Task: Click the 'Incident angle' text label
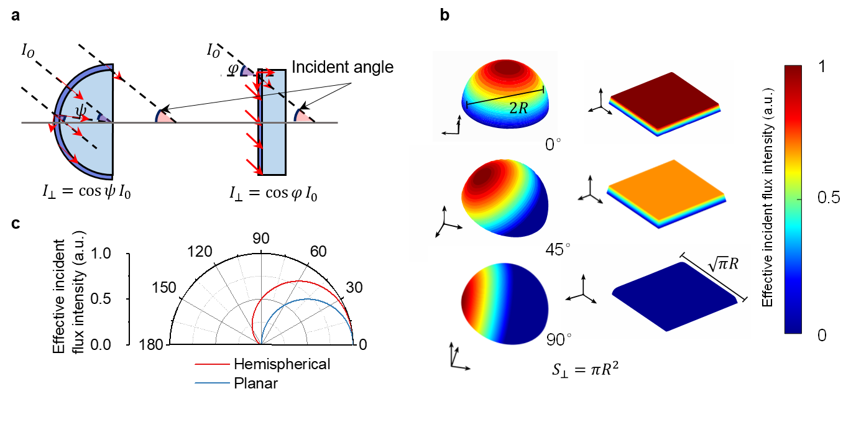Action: click(343, 67)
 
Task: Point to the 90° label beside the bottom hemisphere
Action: click(558, 339)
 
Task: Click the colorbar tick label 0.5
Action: click(827, 199)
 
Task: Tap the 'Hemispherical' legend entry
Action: click(282, 364)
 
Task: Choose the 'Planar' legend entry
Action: click(255, 383)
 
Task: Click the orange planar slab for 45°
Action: click(666, 186)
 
